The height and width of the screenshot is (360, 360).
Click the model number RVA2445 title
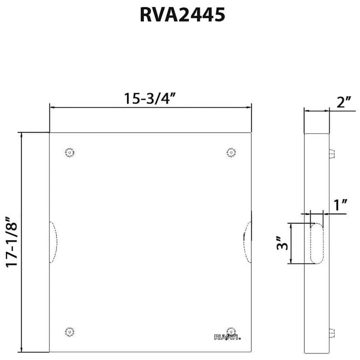[182, 15]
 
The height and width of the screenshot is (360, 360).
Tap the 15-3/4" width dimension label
[150, 98]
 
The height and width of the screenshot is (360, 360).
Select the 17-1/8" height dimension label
[12, 242]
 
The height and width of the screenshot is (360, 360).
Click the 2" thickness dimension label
[343, 102]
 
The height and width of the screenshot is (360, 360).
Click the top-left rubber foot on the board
[70, 152]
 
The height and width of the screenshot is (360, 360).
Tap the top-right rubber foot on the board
[231, 152]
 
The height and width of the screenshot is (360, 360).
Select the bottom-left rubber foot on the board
[70, 331]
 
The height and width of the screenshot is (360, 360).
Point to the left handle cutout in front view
[53, 242]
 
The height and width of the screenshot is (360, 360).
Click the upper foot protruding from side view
[332, 154]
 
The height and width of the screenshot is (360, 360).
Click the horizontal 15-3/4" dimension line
[150, 107]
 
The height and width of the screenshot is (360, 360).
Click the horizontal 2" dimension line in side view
[317, 111]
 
